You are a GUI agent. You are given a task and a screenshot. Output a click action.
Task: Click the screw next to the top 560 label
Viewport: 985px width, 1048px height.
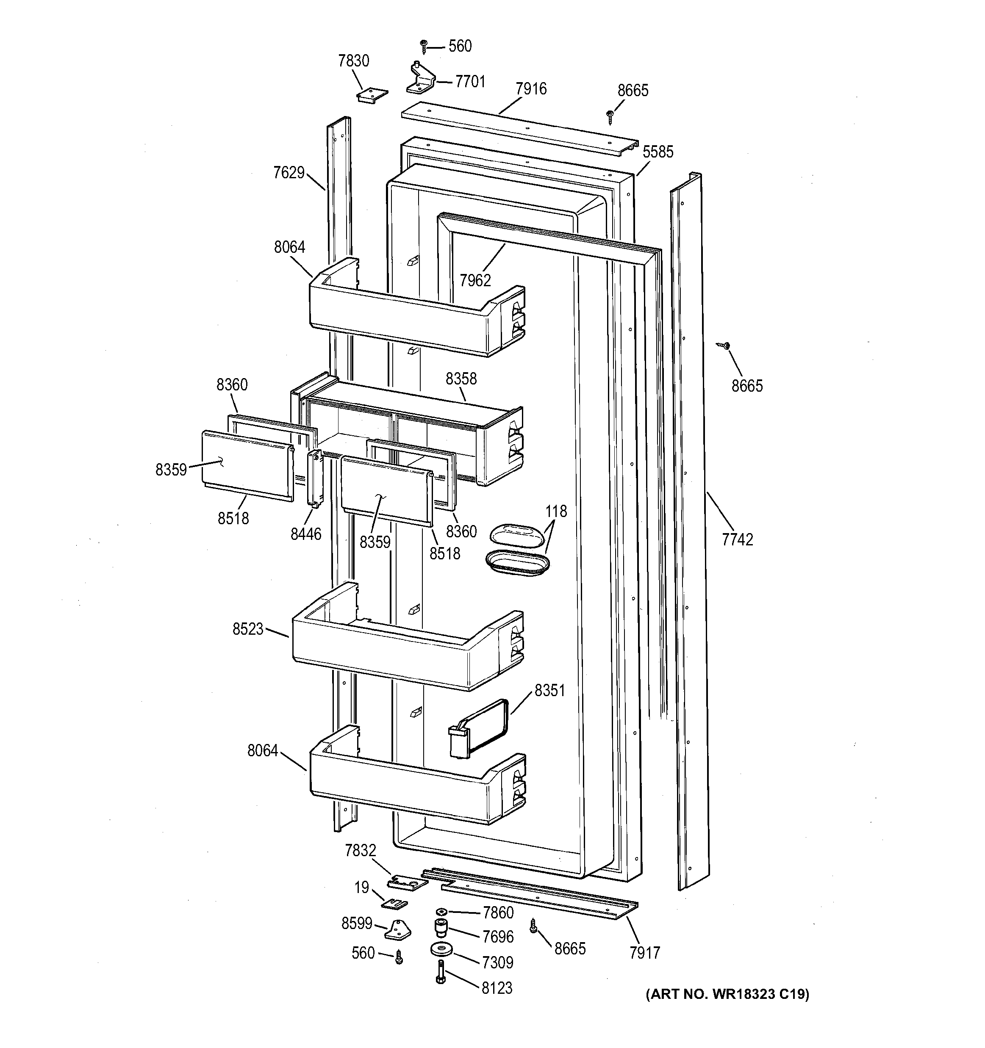coord(423,47)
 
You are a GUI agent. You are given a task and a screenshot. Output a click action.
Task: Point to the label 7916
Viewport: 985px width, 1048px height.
coord(531,88)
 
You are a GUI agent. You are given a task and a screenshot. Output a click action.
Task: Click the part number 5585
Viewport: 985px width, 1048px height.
coord(658,152)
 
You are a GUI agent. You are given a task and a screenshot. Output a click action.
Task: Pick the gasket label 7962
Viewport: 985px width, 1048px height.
coord(474,280)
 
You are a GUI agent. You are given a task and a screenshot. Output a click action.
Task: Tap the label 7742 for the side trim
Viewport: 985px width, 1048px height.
coord(737,539)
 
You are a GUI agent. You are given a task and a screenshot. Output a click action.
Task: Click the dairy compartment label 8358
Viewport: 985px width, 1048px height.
coord(461,379)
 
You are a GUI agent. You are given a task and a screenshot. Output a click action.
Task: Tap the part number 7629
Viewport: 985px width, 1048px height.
coord(289,172)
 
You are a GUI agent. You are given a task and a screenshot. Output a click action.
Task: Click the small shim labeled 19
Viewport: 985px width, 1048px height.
coord(395,904)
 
